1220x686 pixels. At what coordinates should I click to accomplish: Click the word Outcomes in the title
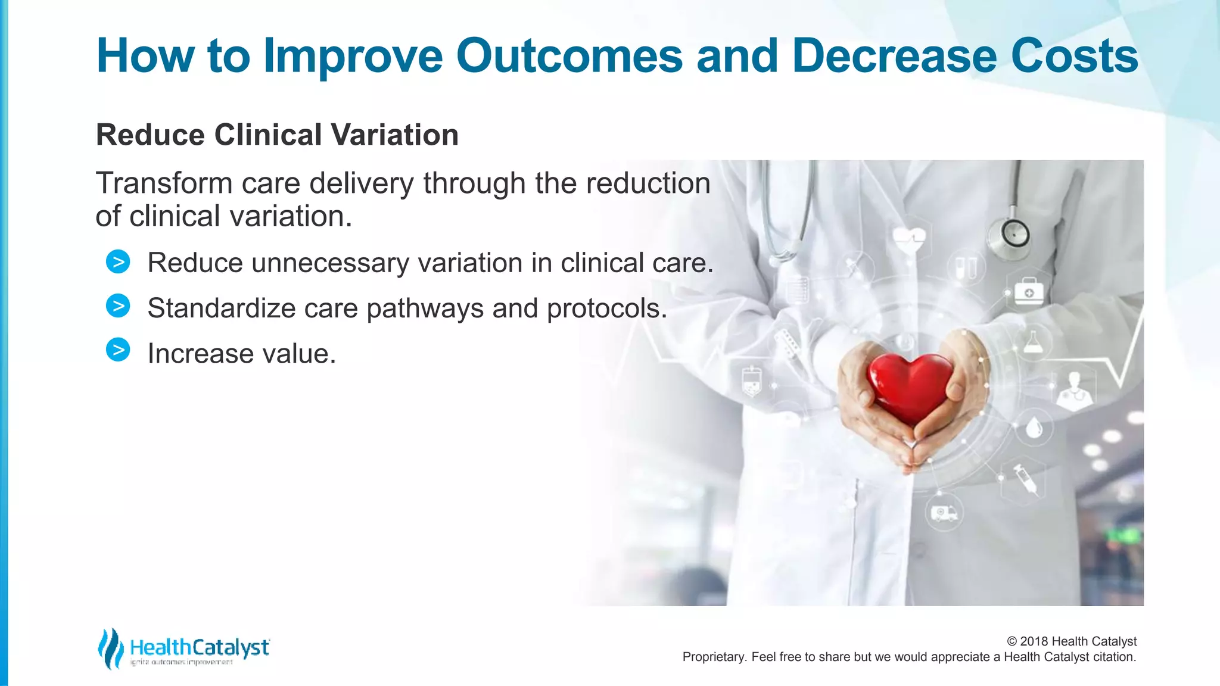tap(569, 57)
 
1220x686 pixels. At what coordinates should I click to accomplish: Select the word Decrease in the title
tap(894, 57)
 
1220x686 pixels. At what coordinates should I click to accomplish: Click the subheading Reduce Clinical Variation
tap(277, 135)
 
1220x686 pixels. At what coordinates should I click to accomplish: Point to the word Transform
tap(164, 183)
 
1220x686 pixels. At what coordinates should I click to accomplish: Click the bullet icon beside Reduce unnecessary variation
tap(118, 262)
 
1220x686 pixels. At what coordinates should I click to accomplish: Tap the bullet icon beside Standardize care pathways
tap(118, 306)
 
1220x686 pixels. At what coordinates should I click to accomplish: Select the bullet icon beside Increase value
tap(118, 350)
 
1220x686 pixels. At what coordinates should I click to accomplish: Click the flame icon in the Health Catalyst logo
tap(110, 648)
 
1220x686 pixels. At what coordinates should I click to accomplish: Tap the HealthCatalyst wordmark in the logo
tap(200, 647)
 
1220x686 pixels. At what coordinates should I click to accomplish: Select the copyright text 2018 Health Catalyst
tap(1072, 641)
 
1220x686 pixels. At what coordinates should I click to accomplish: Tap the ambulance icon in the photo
tap(944, 513)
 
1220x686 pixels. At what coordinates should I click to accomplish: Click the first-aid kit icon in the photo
tap(1029, 292)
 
